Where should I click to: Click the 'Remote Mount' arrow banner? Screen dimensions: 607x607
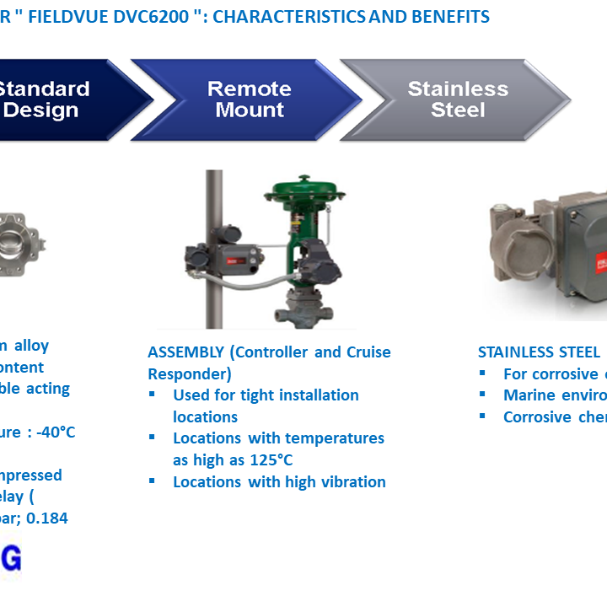click(x=249, y=99)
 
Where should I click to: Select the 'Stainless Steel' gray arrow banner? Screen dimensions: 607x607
click(x=458, y=99)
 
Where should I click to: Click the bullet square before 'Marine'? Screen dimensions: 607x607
click(x=483, y=395)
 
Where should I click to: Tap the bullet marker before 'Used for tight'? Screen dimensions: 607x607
click(x=153, y=395)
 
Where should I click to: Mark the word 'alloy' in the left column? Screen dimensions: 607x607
click(x=30, y=345)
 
